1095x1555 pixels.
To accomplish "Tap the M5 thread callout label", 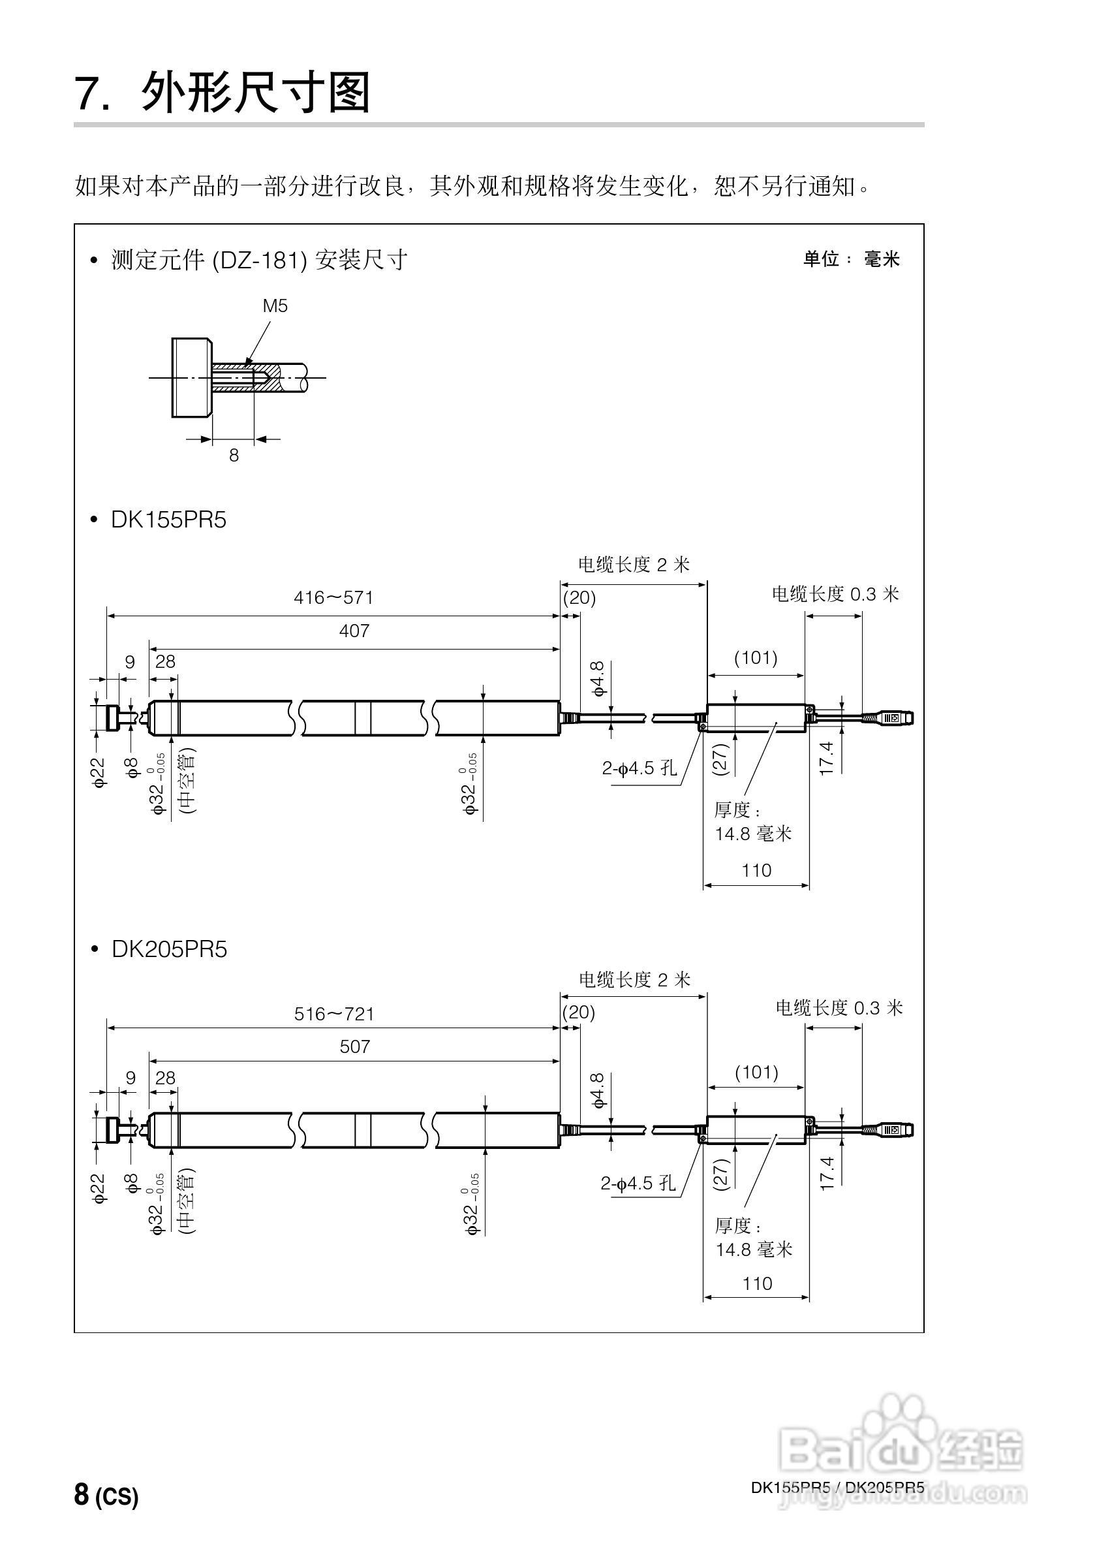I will click(x=275, y=306).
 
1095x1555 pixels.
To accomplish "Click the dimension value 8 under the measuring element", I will click(x=234, y=456).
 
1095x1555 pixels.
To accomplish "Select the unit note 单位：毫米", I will click(x=851, y=259).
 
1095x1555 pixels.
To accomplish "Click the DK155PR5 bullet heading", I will click(x=168, y=520).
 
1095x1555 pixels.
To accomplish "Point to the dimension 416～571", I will click(x=333, y=597).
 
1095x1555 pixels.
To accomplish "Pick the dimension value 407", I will click(x=354, y=631).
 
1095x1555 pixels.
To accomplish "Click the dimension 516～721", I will click(x=334, y=1013).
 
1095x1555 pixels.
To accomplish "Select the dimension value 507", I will click(x=354, y=1046).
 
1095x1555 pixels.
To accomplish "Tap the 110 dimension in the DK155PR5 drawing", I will click(x=756, y=870).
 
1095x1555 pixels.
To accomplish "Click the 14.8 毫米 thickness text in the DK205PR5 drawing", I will click(x=754, y=1249).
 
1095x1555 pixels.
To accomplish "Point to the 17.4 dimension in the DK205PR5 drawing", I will click(x=827, y=1174).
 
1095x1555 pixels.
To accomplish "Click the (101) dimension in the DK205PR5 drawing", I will click(x=756, y=1072).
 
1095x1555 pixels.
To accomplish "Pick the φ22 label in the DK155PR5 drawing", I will click(x=99, y=772).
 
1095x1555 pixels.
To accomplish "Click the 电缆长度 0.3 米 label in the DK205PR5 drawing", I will click(x=839, y=1008).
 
